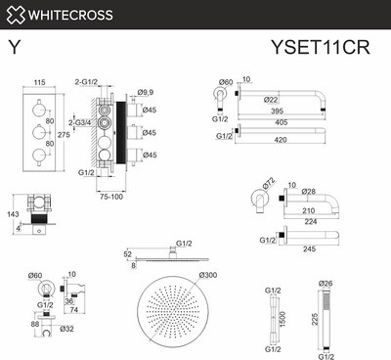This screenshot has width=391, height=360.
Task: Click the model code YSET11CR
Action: coord(326,45)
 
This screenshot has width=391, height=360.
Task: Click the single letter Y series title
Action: coord(15,46)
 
